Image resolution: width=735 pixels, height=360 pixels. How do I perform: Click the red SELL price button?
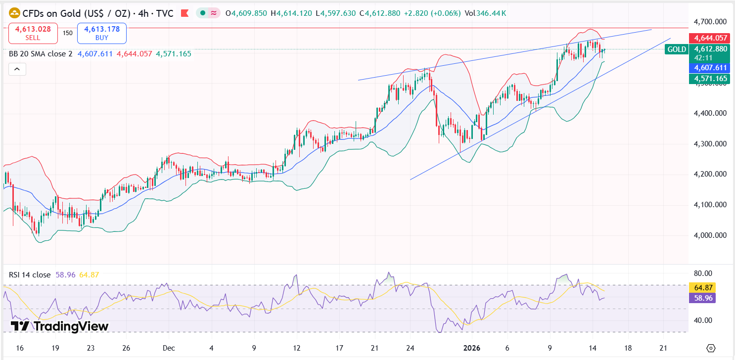tap(33, 33)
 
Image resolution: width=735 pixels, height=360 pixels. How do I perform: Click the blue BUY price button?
tap(101, 33)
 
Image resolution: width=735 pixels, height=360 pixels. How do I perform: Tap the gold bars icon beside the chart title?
tap(15, 13)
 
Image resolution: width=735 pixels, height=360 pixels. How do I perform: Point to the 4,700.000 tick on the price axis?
tap(710, 22)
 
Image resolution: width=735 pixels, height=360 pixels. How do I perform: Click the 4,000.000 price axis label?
tap(710, 235)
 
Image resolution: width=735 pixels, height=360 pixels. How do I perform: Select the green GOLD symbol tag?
tap(676, 49)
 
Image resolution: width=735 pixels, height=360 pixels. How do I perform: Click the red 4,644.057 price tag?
tap(710, 38)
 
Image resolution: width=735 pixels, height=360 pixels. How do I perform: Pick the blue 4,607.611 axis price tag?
tap(710, 68)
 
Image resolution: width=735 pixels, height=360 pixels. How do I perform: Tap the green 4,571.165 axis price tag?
tap(710, 79)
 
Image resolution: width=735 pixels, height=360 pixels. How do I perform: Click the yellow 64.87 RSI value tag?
tap(702, 287)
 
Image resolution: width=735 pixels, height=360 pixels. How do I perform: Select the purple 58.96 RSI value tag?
tap(702, 298)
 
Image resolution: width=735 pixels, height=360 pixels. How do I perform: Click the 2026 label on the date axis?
tap(471, 348)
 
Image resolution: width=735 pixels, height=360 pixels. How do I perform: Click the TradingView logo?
tap(59, 326)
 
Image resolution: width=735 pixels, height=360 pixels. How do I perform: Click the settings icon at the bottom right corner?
tap(711, 348)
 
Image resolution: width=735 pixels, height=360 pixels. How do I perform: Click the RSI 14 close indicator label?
tap(30, 274)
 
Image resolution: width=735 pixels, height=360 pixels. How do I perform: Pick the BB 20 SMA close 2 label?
tap(41, 53)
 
